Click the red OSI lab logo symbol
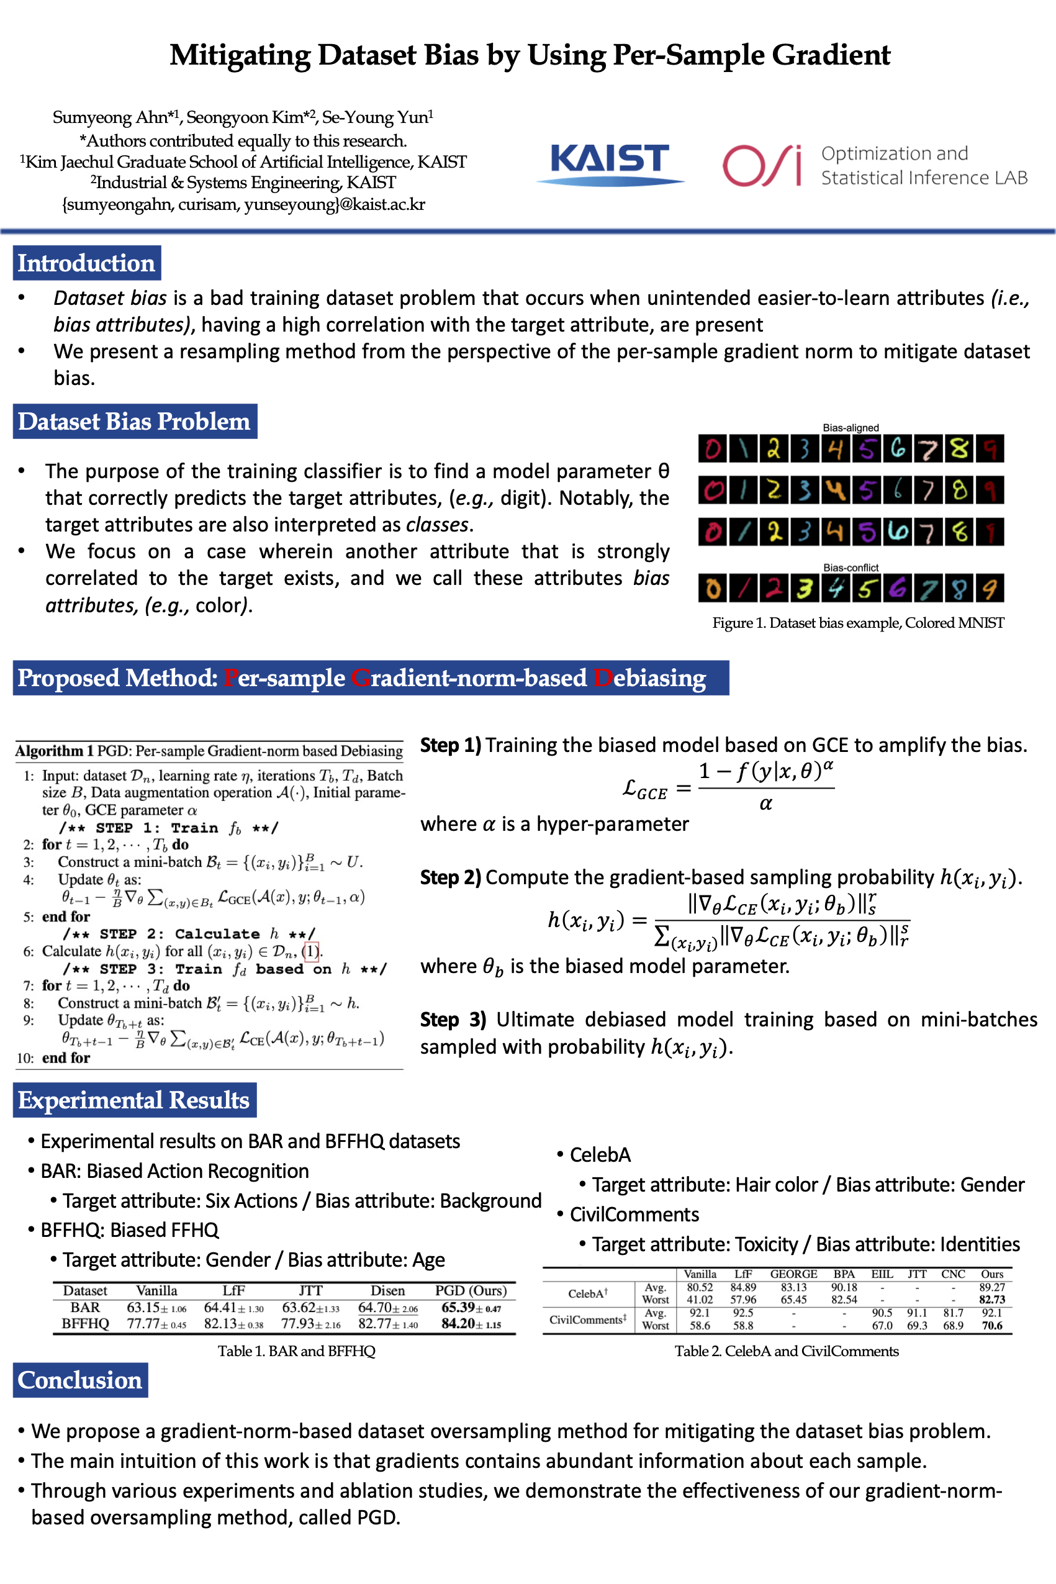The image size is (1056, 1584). click(x=762, y=165)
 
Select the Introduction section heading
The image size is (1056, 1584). click(x=86, y=263)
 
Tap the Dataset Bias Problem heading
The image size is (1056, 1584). click(x=134, y=421)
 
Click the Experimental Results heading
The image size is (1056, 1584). click(x=134, y=1100)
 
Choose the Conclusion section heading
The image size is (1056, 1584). click(x=80, y=1380)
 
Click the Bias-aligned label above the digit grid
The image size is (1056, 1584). click(x=851, y=428)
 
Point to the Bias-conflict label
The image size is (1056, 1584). click(x=851, y=568)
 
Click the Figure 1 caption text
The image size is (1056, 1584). click(x=858, y=623)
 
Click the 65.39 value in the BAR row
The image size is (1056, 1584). click(x=459, y=1307)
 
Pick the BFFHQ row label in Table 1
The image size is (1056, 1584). click(x=85, y=1323)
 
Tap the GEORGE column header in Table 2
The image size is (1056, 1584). click(x=793, y=1274)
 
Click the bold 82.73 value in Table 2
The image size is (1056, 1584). click(x=992, y=1300)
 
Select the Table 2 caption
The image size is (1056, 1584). click(x=787, y=1351)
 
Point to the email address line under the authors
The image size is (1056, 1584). click(x=243, y=205)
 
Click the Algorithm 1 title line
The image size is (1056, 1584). click(x=209, y=751)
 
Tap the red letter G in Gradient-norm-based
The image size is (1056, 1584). click(x=359, y=678)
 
